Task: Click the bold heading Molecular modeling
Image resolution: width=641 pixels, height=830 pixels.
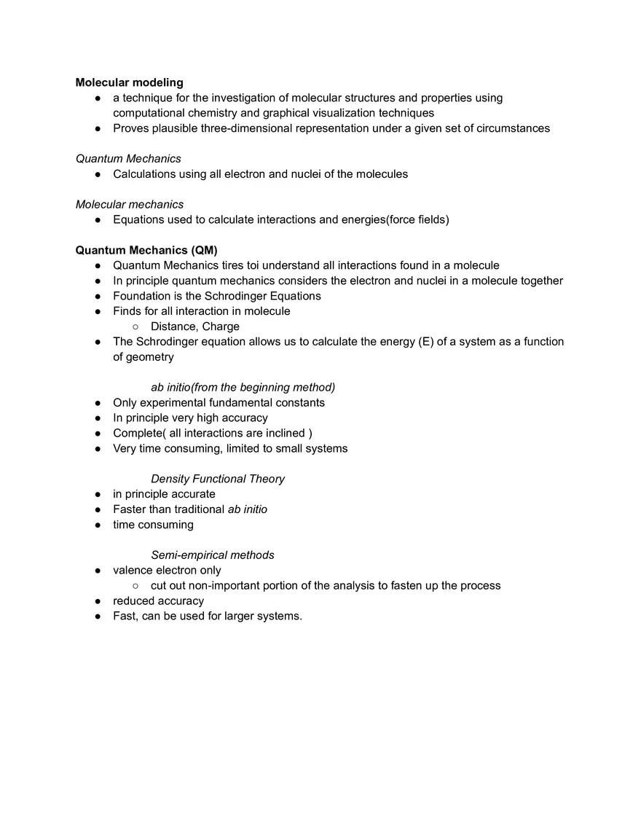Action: (x=129, y=82)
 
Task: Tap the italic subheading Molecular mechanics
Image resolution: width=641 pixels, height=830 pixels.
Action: (x=130, y=204)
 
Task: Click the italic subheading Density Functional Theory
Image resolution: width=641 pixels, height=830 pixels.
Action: (x=218, y=479)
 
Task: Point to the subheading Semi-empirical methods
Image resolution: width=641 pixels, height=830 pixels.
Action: (x=213, y=555)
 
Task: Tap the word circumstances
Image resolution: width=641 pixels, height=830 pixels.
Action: (x=514, y=128)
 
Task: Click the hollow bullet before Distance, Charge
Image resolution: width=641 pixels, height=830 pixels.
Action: (x=135, y=326)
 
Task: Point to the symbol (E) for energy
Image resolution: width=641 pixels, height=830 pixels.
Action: (x=426, y=342)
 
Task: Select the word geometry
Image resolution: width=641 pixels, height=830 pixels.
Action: (x=151, y=357)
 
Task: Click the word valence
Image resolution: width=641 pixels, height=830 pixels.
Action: (x=133, y=571)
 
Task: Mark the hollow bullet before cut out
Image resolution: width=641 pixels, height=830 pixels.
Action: (x=135, y=586)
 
